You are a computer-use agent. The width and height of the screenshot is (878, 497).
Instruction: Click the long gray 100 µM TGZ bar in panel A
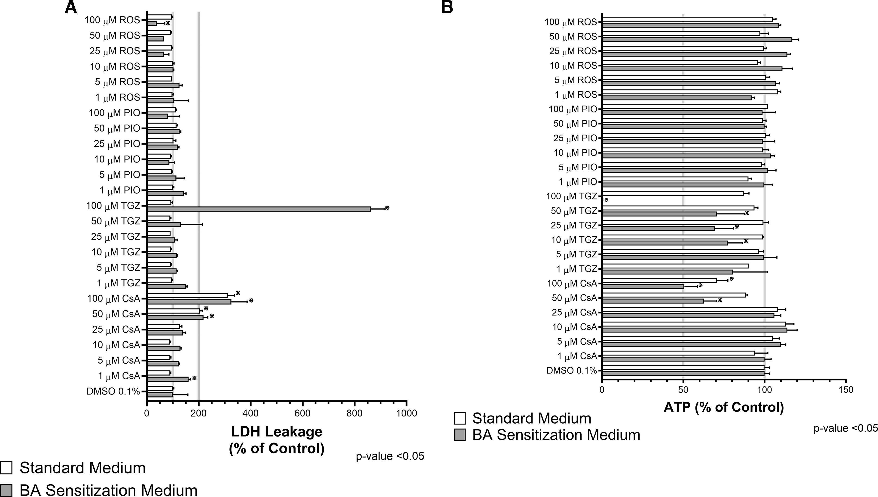click(x=259, y=209)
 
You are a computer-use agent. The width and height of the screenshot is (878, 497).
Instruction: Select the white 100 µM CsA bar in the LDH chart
click(x=187, y=295)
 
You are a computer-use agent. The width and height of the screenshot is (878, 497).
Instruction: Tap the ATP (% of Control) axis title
click(x=724, y=407)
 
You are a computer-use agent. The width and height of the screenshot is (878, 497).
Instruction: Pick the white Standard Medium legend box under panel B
click(x=460, y=419)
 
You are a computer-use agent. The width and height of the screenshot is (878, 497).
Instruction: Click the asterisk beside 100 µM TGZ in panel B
click(x=607, y=200)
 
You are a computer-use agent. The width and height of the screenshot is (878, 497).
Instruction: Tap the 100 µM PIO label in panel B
click(x=573, y=109)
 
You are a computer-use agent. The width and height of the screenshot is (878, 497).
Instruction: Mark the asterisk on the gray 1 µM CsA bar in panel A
click(x=194, y=378)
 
